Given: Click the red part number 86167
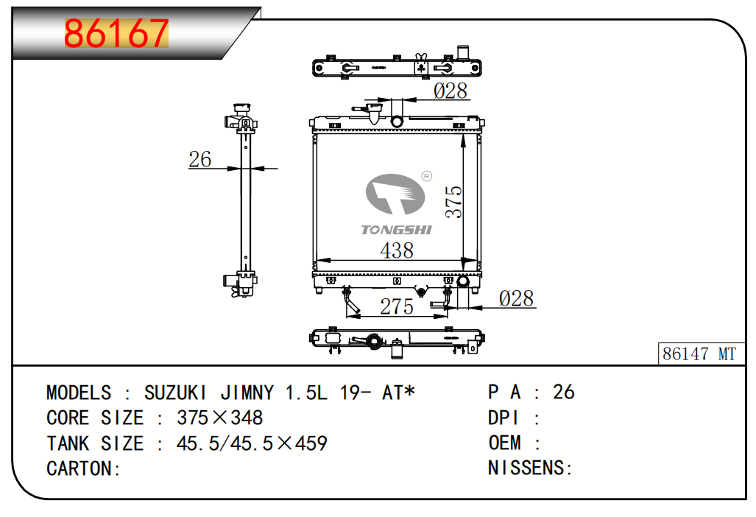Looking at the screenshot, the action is tap(116, 33).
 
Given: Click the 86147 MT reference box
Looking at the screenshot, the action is tap(700, 354).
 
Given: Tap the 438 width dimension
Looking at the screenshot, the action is tap(396, 250).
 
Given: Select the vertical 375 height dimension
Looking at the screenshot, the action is tap(453, 202).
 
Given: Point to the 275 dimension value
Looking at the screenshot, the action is tap(396, 306).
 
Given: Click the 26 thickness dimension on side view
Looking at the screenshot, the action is tap(200, 158).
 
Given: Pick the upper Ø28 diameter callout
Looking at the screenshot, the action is tap(451, 90).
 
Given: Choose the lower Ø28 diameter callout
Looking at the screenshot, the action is tap(516, 298).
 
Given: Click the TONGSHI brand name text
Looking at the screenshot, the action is tap(396, 230).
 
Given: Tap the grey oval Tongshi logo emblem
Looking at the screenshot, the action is tap(395, 194).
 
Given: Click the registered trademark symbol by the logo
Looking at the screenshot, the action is tap(427, 177).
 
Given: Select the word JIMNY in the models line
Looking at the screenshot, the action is tap(247, 393).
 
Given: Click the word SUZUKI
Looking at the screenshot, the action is tap(175, 393).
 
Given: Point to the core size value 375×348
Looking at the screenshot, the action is tap(220, 418).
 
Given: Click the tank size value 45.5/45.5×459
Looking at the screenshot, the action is tap(252, 443).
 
